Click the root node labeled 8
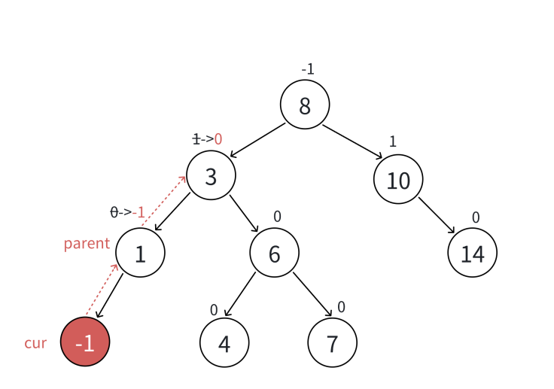pyautogui.click(x=305, y=105)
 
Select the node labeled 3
pyautogui.click(x=211, y=175)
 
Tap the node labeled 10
pyautogui.click(x=397, y=179)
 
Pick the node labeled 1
pyautogui.click(x=140, y=254)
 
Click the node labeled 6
pyautogui.click(x=274, y=254)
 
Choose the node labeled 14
pyautogui.click(x=472, y=254)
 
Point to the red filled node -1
pyautogui.click(x=85, y=342)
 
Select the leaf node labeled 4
pyautogui.click(x=224, y=342)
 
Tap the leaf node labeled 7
pyautogui.click(x=332, y=342)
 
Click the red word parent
pyautogui.click(x=87, y=244)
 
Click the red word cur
pyautogui.click(x=35, y=344)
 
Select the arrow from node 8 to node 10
pyautogui.click(x=352, y=141)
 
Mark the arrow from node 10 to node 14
pyautogui.click(x=437, y=216)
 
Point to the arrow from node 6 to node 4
pyautogui.click(x=240, y=295)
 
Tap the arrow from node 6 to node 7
pyautogui.click(x=312, y=294)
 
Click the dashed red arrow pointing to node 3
pyautogui.click(x=163, y=201)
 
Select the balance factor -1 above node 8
pyautogui.click(x=307, y=69)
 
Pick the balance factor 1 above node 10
pyautogui.click(x=393, y=141)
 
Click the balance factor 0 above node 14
pyautogui.click(x=476, y=217)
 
